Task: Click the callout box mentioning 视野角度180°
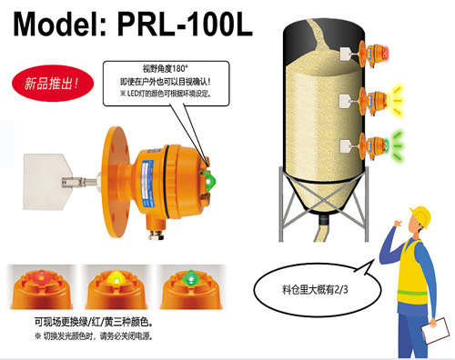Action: (164, 82)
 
